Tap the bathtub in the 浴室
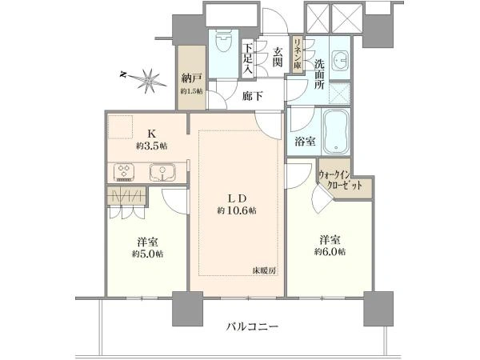[x=336, y=132]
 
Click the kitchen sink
[x=162, y=172]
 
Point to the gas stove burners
[x=124, y=172]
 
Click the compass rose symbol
[x=149, y=81]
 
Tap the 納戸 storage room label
[x=192, y=78]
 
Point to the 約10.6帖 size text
[x=237, y=210]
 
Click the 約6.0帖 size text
[x=330, y=252]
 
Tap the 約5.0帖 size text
[x=147, y=254]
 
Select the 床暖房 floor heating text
[x=265, y=270]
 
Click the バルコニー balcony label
[x=253, y=326]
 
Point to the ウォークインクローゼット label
[x=340, y=180]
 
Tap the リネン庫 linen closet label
[x=298, y=54]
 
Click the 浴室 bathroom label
[x=306, y=142]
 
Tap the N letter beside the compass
[x=123, y=74]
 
